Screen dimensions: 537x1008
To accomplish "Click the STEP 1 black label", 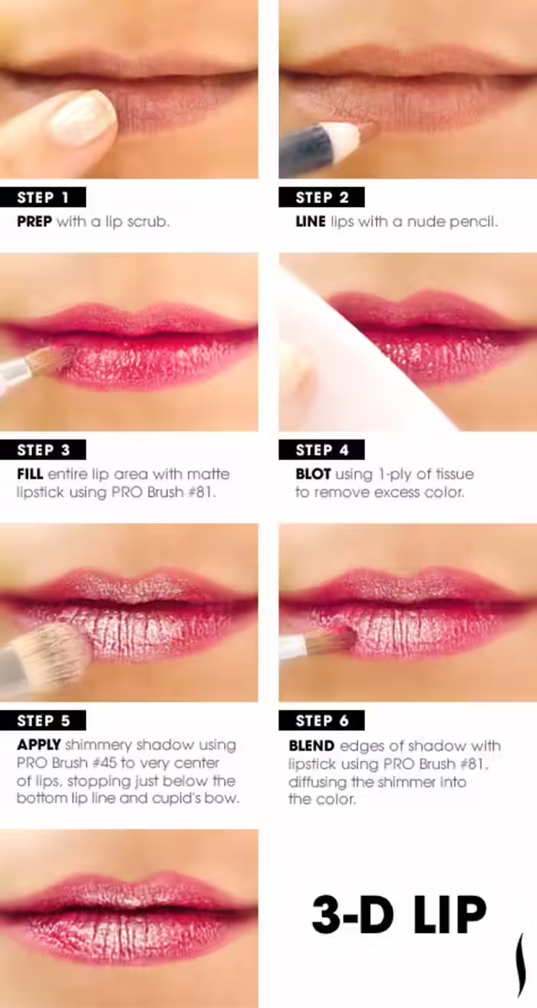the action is point(43,197).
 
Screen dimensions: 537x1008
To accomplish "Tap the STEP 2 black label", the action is point(321,197).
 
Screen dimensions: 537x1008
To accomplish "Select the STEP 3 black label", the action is point(43,450).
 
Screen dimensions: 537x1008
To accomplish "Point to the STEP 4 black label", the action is point(321,450).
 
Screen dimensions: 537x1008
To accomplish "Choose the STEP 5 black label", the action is point(43,720).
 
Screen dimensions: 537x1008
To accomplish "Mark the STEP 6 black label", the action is point(321,720).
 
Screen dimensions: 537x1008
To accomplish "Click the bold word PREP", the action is point(35,222).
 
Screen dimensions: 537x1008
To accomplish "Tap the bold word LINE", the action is point(311,222).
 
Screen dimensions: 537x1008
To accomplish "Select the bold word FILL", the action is point(30,474).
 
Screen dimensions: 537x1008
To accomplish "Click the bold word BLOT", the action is point(313,474).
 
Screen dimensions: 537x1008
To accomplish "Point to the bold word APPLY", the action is point(38,745).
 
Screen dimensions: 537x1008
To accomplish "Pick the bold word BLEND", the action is point(311,746).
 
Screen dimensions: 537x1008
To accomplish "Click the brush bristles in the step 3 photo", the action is point(53,360).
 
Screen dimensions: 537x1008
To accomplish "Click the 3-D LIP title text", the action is point(399,914).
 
